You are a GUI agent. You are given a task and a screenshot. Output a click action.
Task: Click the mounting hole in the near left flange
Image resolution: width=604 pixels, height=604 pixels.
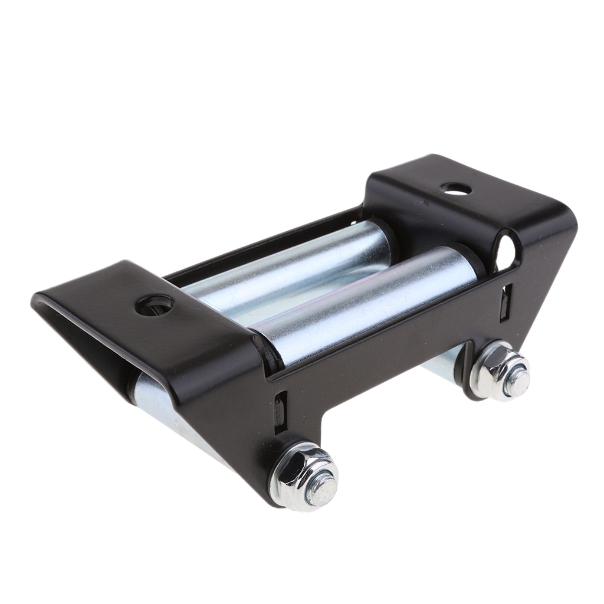click(154, 305)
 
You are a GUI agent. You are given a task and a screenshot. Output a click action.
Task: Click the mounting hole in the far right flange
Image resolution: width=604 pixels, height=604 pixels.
click(456, 189)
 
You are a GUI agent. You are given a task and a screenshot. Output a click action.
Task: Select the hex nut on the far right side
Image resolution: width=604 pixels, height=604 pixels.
click(499, 372)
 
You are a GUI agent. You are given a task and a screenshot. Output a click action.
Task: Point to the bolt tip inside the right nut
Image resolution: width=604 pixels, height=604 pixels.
click(517, 382)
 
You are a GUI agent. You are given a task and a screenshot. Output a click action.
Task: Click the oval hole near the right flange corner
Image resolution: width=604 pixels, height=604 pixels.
click(505, 252)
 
